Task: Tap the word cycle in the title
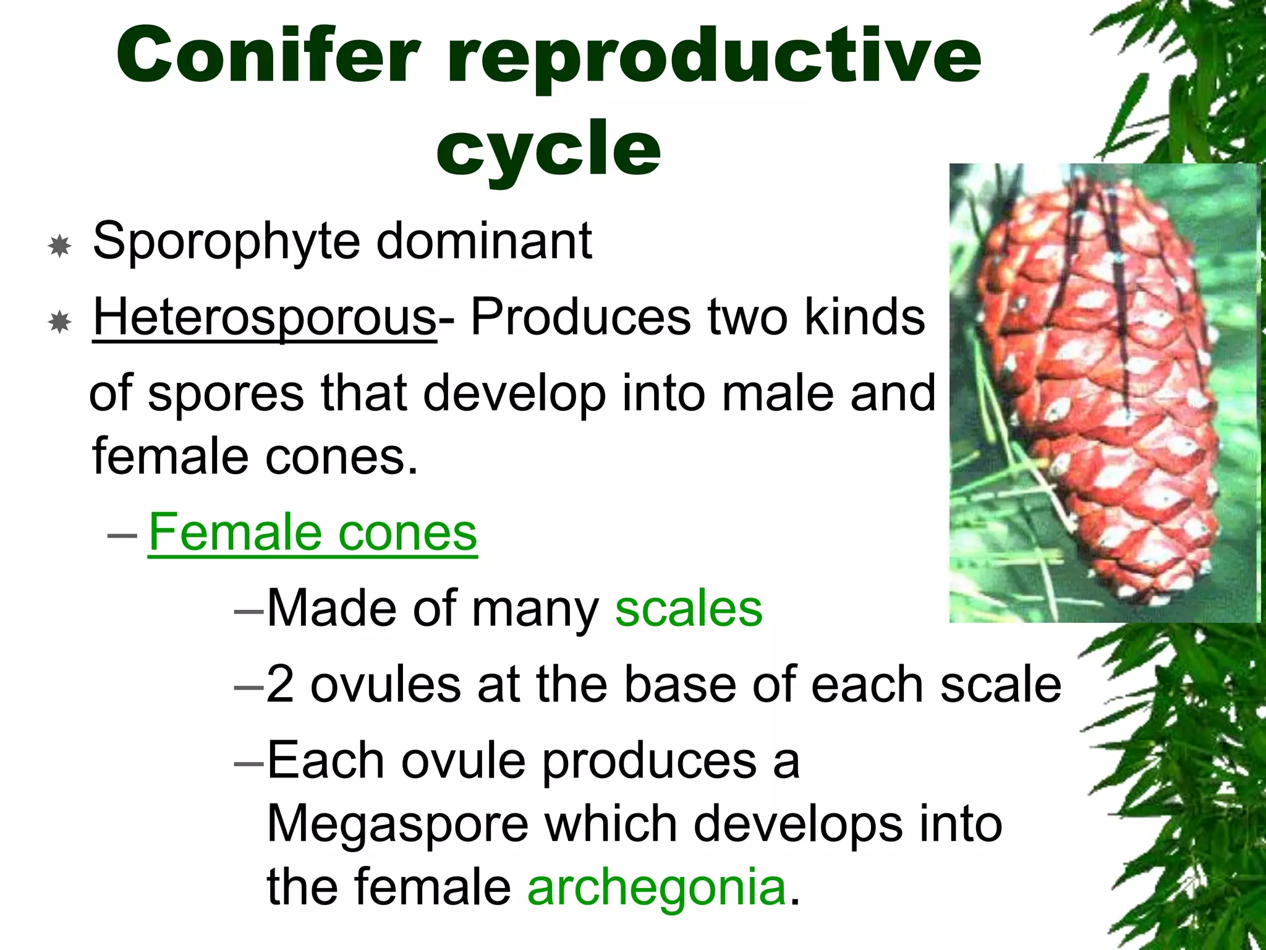(548, 148)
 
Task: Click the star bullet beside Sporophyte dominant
(59, 246)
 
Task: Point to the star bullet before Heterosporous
(59, 322)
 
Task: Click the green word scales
(689, 609)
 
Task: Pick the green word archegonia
(656, 887)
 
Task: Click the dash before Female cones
(122, 533)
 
